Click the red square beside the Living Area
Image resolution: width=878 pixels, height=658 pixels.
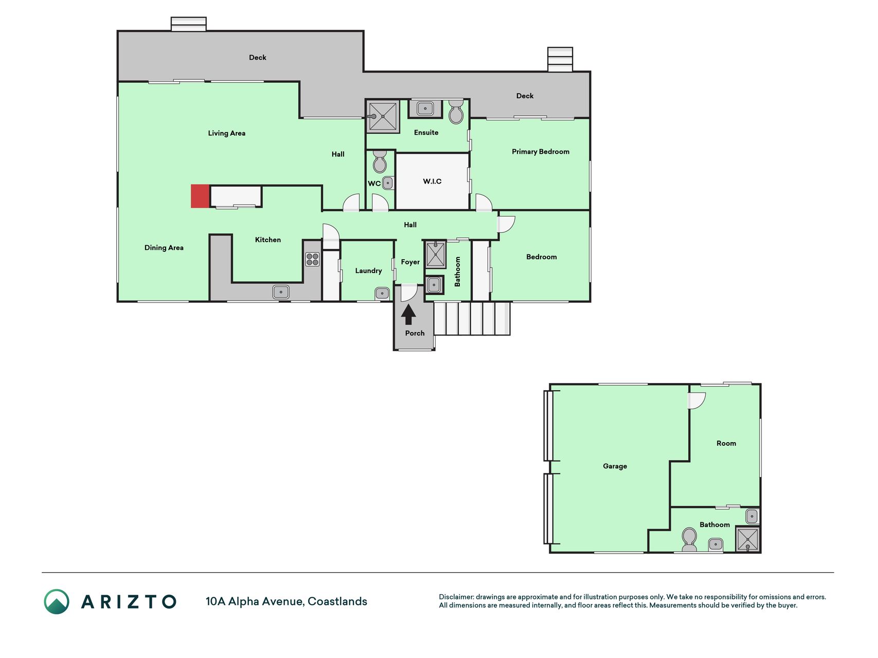[200, 196]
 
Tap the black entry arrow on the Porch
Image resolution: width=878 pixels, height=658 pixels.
[408, 315]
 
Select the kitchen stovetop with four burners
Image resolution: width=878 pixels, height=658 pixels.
[312, 259]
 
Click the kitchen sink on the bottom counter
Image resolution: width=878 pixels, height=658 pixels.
[281, 292]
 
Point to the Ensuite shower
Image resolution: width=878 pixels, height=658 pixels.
[383, 116]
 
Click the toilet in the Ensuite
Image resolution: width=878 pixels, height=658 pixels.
[456, 112]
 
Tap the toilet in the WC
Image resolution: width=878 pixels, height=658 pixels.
[380, 161]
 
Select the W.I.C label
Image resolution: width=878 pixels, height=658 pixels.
[432, 181]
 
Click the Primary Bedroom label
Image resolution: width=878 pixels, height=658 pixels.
[541, 152]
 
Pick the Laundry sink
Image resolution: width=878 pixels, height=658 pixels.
[382, 294]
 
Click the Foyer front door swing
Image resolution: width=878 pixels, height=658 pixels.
[409, 293]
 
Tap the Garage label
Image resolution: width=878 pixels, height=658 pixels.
[615, 466]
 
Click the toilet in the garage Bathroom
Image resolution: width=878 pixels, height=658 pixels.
[689, 539]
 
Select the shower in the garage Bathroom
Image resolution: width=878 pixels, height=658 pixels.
[747, 539]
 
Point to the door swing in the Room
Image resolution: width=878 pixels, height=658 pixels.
[697, 401]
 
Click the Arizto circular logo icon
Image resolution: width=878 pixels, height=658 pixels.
[57, 601]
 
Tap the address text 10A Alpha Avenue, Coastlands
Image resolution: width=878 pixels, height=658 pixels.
[286, 601]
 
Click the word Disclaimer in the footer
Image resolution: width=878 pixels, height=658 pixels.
[456, 597]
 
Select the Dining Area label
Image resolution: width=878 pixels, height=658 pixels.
[164, 248]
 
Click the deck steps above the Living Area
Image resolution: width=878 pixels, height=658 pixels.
[188, 24]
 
